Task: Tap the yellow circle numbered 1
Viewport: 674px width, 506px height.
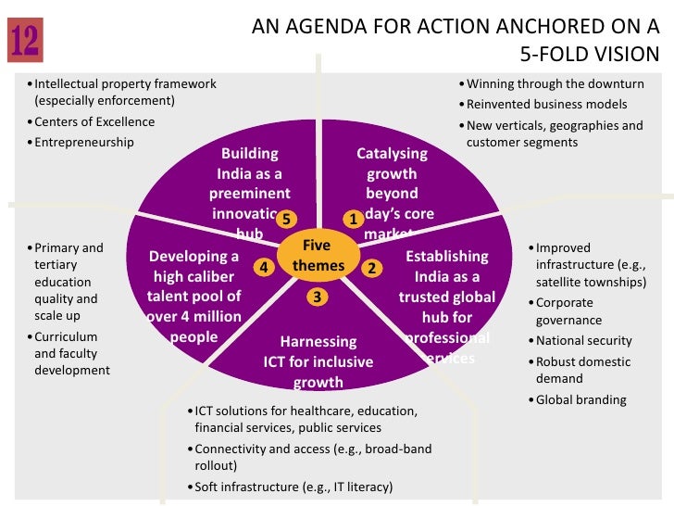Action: tap(354, 219)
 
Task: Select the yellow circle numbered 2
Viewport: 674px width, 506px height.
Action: tap(371, 268)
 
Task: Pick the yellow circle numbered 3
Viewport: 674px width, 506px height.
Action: tap(317, 297)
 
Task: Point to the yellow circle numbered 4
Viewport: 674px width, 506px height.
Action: tap(264, 267)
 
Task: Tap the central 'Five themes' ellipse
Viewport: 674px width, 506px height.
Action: tap(318, 257)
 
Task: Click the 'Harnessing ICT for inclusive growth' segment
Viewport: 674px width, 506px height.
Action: tap(318, 361)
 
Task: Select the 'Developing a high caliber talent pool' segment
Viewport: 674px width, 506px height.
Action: tap(194, 297)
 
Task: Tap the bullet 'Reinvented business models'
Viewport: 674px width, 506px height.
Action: tap(547, 105)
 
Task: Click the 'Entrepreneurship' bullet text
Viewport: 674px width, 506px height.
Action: tap(84, 143)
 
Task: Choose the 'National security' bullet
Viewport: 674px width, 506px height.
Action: tap(584, 341)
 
